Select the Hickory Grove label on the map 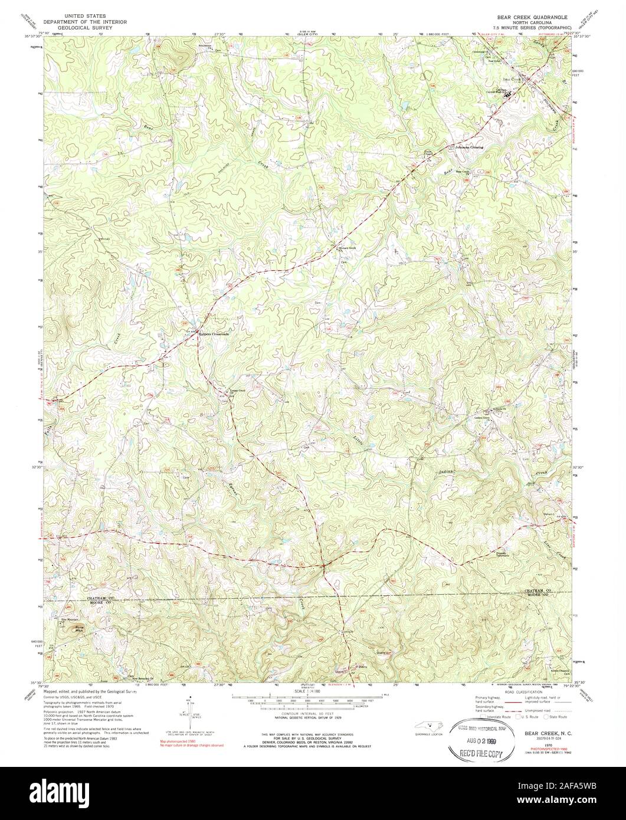click(348, 248)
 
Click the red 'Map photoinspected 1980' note click(183, 741)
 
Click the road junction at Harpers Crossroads click(199, 329)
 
